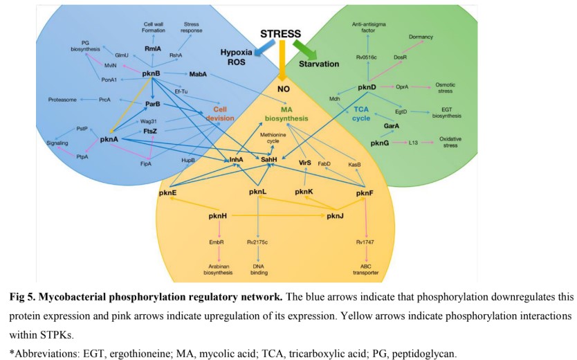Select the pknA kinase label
click(110, 139)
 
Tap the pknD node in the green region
click(367, 88)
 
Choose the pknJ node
click(336, 216)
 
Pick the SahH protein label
click(268, 160)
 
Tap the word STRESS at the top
click(281, 34)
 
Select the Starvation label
click(318, 64)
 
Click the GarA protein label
click(392, 126)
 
